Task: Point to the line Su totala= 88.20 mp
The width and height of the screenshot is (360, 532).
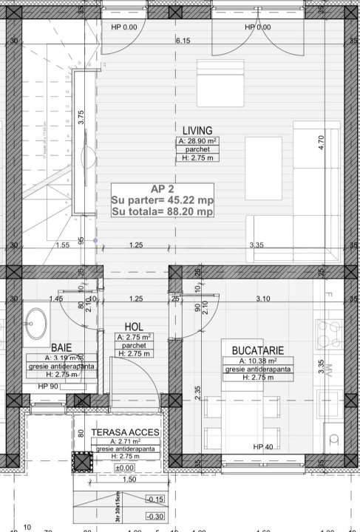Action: click(x=163, y=211)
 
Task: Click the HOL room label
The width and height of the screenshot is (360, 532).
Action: click(x=133, y=326)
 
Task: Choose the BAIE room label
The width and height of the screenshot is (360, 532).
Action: click(x=61, y=347)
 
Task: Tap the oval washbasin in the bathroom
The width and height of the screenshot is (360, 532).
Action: click(x=35, y=321)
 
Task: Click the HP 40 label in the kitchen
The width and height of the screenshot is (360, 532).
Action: click(x=264, y=447)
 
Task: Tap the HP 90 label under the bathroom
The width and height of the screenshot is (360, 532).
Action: click(x=49, y=386)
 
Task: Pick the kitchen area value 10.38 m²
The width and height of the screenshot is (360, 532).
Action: click(x=258, y=361)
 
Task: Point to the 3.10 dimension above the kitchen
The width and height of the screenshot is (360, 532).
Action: click(x=263, y=299)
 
